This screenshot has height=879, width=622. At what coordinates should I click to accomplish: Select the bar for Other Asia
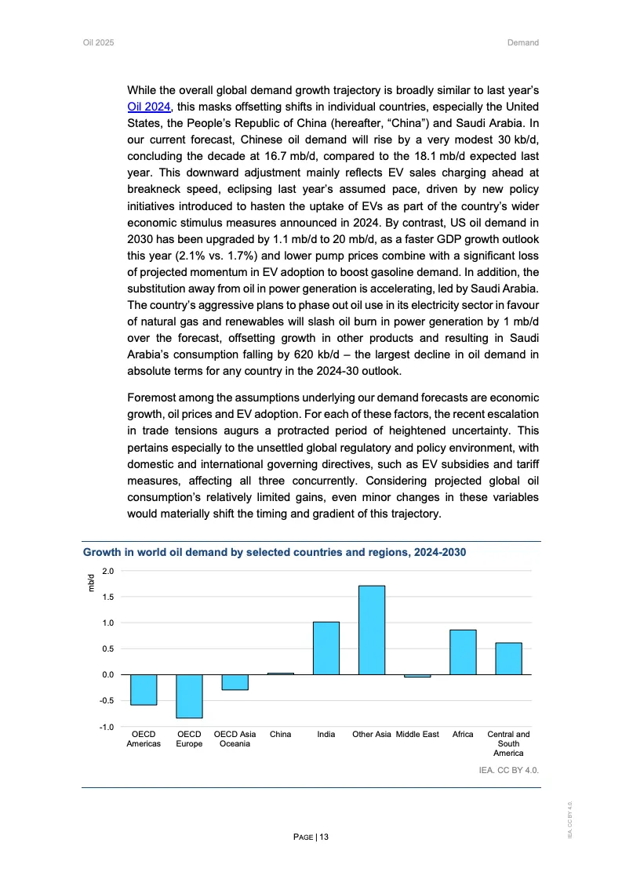click(x=372, y=630)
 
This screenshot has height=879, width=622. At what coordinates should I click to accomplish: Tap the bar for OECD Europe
click(x=189, y=696)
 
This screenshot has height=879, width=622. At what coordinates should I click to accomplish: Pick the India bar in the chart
click(x=326, y=648)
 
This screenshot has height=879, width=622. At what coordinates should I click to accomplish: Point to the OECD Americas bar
click(x=144, y=690)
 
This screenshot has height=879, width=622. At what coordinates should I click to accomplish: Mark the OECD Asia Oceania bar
click(x=235, y=682)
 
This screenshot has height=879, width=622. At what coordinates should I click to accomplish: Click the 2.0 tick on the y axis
click(x=107, y=571)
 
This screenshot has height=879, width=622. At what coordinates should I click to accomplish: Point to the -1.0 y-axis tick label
click(x=106, y=727)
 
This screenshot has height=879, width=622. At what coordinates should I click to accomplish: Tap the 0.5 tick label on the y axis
click(x=107, y=649)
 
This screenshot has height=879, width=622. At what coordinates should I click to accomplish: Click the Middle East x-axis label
click(x=417, y=735)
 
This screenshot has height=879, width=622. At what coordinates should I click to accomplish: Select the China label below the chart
click(x=280, y=735)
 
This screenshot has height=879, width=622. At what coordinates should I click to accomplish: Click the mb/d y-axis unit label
click(x=90, y=583)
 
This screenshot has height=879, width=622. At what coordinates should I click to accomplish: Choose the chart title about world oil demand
click(x=275, y=553)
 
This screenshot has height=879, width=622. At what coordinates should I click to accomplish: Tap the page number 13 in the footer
click(x=311, y=837)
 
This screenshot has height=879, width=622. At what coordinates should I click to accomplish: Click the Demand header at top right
click(x=523, y=42)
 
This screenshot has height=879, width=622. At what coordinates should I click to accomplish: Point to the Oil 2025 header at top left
click(x=99, y=42)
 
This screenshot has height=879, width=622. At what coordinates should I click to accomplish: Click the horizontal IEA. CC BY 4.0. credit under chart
click(x=509, y=770)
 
